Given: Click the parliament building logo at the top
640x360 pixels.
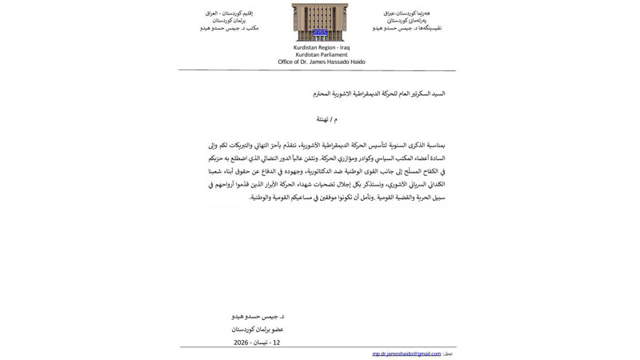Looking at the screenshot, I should tap(319, 22).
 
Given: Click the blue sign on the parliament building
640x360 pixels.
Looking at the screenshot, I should tap(320, 33).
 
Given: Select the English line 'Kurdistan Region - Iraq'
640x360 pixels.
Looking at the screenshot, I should tap(321, 47).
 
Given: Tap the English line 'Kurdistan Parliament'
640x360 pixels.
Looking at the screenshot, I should tap(321, 54).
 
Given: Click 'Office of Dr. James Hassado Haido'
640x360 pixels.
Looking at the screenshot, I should tap(321, 62).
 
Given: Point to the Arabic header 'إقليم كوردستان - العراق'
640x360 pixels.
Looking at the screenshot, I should tap(229, 13).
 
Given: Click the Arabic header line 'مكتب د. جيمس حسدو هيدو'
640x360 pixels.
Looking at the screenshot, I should tap(229, 28).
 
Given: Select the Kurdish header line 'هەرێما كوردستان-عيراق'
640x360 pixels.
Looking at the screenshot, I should tap(406, 13).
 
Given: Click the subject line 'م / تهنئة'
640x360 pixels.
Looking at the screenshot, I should tap(326, 119).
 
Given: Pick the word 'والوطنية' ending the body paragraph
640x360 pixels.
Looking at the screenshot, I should tap(262, 197).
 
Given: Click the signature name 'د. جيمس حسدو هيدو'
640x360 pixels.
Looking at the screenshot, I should tap(258, 316).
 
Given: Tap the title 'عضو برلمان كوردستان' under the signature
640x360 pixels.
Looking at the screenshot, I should tap(258, 329).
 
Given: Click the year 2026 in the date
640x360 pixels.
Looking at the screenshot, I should tap(241, 342).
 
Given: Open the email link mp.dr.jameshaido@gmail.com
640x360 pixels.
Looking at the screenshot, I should tap(406, 354).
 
